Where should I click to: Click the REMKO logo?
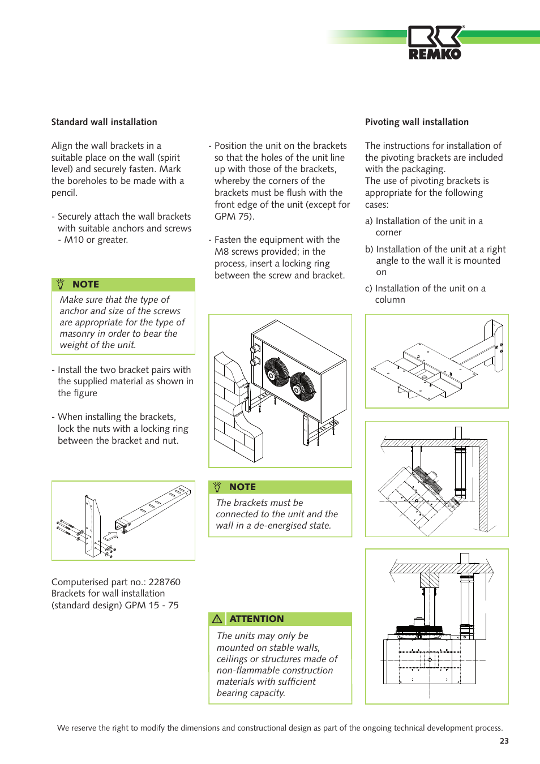[435, 43]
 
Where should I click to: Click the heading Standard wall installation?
[104, 122]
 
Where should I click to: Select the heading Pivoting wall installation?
[417, 122]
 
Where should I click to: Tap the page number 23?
[504, 741]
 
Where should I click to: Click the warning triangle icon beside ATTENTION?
[217, 619]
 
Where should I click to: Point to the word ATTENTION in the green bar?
[256, 619]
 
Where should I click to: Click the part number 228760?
[164, 582]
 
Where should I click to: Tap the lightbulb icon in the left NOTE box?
[61, 285]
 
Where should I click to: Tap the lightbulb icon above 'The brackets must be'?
[217, 487]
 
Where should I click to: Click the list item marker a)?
[369, 221]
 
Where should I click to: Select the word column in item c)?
[390, 300]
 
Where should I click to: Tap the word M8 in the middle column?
[221, 252]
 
